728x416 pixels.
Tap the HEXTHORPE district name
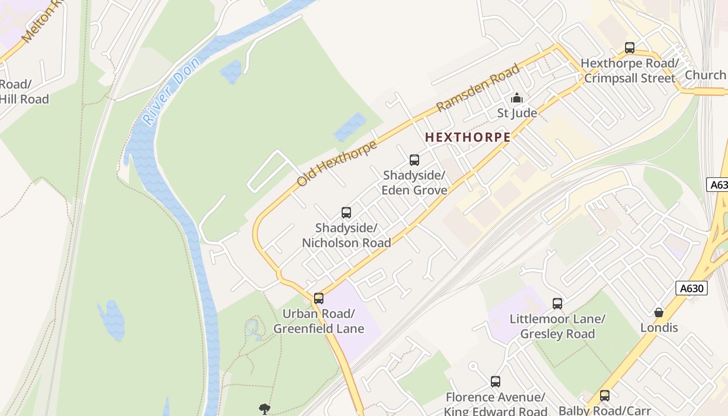pos(467,137)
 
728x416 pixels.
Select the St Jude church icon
pos(516,98)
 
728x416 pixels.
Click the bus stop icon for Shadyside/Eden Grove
pos(414,160)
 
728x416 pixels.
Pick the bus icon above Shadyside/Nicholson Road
pos(346,213)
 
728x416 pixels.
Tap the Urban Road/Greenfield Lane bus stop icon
pos(319,298)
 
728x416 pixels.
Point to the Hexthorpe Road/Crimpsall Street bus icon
pos(629,48)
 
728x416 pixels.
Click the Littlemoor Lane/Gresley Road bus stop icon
pos(557,304)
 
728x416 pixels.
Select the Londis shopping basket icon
pos(659,313)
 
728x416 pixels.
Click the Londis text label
pos(659,328)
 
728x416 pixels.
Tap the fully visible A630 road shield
pos(692,289)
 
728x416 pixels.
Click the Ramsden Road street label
pos(478,87)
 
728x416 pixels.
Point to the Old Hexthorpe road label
pos(337,163)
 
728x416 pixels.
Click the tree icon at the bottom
pos(265,409)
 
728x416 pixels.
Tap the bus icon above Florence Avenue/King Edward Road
pos(496,382)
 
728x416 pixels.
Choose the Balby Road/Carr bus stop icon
pos(604,396)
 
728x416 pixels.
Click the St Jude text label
pos(517,113)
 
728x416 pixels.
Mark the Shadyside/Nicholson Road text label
pos(346,236)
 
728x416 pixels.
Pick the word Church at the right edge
pos(705,75)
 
